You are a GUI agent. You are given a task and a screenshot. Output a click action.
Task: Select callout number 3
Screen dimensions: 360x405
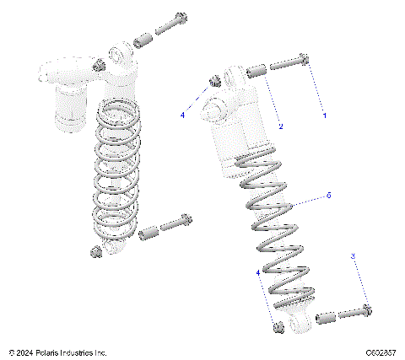pos(353,255)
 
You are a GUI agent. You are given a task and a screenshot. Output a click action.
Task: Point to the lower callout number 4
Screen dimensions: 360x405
pos(258,272)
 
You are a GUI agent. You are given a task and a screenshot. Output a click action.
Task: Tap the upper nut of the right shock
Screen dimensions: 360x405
pos(213,81)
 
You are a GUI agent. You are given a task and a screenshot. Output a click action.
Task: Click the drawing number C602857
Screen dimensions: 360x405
pos(382,352)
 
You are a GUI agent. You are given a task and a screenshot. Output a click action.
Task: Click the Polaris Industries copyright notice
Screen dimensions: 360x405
pos(58,352)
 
